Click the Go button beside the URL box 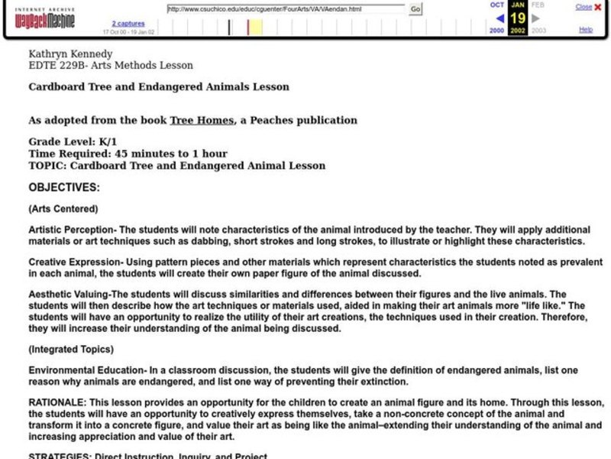(x=415, y=9)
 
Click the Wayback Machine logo (x=46, y=18)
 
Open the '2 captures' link (x=128, y=24)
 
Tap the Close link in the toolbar (x=584, y=7)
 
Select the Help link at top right (x=586, y=29)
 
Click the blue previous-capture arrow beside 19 (x=499, y=18)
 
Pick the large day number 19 (x=517, y=18)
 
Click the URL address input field (x=286, y=9)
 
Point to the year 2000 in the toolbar (x=496, y=31)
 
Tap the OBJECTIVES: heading (x=64, y=187)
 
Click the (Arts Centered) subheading (x=63, y=208)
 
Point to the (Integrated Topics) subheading (x=71, y=349)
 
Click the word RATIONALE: (x=57, y=402)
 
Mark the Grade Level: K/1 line (x=72, y=142)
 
